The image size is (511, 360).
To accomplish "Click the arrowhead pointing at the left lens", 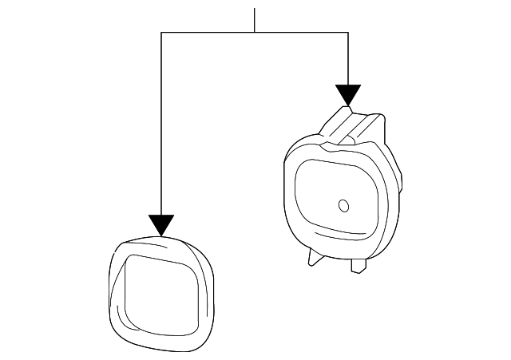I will tap(161, 225).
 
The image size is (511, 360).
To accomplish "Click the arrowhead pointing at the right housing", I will tap(348, 95).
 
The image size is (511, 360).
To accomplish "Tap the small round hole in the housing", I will tap(344, 205).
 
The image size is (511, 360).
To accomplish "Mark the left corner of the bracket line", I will tap(161, 33).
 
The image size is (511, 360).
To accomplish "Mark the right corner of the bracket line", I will tap(348, 33).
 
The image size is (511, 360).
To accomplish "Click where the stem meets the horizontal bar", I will tap(254, 33).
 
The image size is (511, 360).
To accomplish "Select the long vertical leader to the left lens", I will tap(161, 128).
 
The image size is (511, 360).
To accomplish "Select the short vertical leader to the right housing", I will tap(348, 60).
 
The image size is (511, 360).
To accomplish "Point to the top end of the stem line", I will tap(254, 9).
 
